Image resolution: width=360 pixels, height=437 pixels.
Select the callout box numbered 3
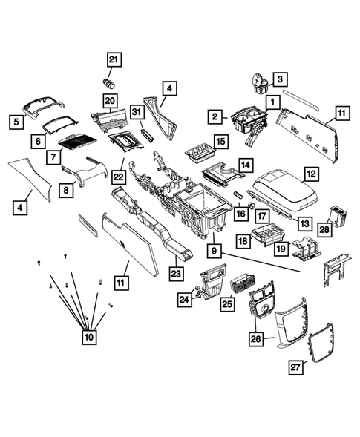coord(280,79)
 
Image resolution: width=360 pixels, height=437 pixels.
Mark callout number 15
coord(220,141)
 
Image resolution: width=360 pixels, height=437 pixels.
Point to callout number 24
coord(185,300)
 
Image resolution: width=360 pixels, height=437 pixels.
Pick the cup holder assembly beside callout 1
coord(249,119)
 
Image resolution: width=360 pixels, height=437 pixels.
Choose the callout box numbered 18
coord(243,241)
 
